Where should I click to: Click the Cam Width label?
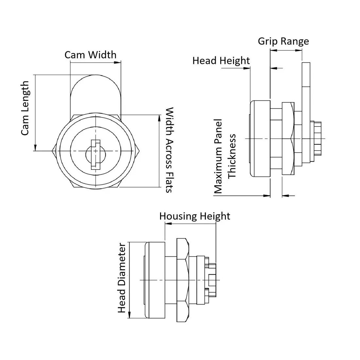[90, 55]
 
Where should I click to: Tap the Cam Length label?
[25, 108]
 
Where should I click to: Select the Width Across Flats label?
[170, 150]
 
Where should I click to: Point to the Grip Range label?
[283, 41]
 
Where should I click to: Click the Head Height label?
[221, 61]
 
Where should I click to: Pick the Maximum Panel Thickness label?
[225, 156]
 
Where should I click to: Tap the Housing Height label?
[195, 216]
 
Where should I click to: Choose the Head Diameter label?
[122, 278]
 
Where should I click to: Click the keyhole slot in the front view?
[95, 154]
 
